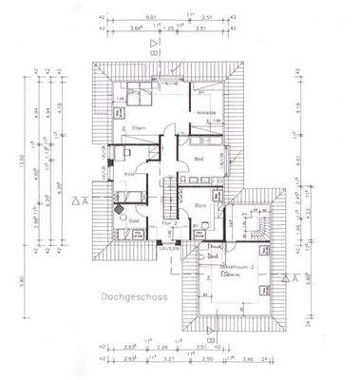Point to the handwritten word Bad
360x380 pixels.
coord(215,256)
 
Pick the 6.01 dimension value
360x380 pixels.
coord(150,16)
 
